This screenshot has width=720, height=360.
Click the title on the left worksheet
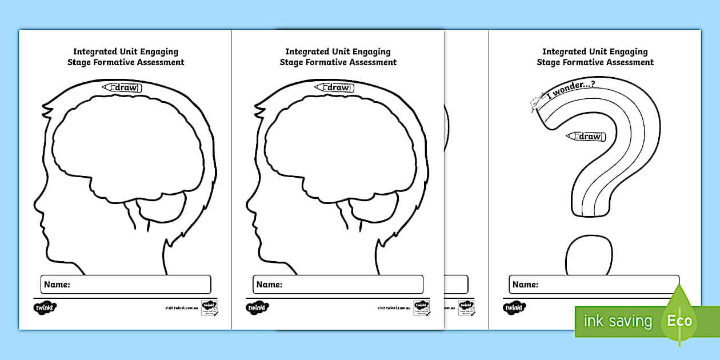125,57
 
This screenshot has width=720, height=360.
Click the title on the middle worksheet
338,57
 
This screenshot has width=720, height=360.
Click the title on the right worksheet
595,57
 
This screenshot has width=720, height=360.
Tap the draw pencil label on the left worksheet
122,87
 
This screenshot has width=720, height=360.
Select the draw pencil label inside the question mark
585,136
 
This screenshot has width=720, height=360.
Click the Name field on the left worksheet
126,284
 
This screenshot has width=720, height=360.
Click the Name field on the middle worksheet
338,284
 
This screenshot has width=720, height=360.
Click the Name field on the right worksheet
594,284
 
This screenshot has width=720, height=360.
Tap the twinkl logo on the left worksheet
45,307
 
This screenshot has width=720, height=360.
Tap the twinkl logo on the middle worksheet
258,307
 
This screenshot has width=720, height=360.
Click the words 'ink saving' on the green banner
617,321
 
